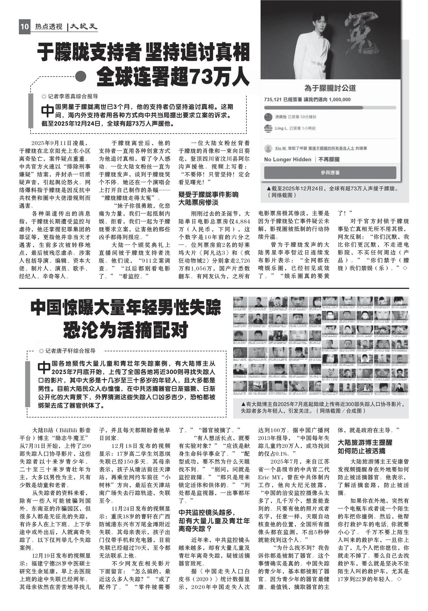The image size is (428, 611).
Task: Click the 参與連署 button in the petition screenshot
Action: pos(330,173)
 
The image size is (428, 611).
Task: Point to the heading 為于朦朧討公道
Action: pos(330,88)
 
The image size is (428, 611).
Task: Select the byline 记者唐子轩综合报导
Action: pos(70,351)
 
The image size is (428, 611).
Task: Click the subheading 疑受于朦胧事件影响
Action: pos(208,194)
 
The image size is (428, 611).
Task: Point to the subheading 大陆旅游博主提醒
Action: pos(365,443)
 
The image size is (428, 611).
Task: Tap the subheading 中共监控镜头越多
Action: pos(207,512)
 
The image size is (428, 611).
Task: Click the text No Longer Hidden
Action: pos(288,159)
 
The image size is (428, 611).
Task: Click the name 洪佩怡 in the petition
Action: pos(280,117)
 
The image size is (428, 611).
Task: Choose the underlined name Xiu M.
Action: pos(281,148)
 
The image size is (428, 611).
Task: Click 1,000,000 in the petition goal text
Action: pos(340,100)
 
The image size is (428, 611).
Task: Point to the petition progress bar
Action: pos(330,108)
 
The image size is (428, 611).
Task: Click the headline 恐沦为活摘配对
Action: pos(126,330)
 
